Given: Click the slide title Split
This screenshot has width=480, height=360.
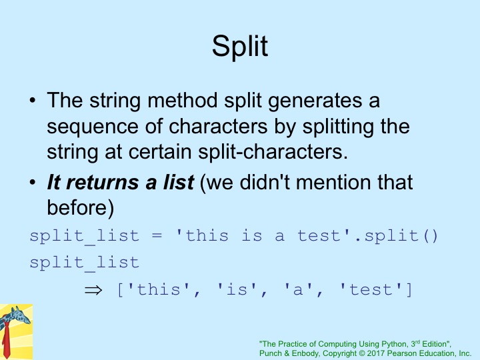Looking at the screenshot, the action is coord(240,47).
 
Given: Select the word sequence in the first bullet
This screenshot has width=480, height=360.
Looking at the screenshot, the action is coord(93,127).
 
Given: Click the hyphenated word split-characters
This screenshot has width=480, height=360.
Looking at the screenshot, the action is coord(273,152).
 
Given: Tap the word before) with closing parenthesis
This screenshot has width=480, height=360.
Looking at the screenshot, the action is coord(81,207).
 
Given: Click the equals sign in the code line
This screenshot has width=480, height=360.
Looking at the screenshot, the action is coord(157,236).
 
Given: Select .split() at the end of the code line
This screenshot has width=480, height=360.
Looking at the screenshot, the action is coord(397,236).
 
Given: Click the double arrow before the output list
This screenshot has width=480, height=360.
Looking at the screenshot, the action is coord(93,290).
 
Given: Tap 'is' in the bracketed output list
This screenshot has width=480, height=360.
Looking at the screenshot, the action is coord(237,289).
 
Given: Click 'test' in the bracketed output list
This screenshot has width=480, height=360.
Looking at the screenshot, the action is coord(371,289).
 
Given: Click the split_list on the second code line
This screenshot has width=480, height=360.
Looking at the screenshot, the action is coord(85,263).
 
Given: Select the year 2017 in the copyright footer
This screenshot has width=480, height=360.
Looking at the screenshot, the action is coord(376,353).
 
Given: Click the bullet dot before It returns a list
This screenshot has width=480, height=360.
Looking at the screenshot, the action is coord(33,183).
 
